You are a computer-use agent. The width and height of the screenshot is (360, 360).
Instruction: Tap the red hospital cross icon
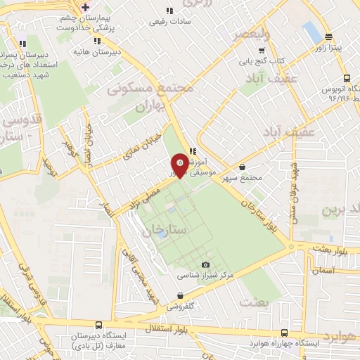(85, 7)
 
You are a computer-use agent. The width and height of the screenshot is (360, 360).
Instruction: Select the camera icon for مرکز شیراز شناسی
(205, 264)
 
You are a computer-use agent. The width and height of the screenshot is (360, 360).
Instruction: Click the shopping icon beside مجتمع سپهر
(243, 167)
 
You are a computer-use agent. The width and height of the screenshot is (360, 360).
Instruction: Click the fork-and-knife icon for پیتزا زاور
(328, 37)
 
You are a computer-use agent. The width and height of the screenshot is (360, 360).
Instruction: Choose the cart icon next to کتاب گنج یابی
(262, 51)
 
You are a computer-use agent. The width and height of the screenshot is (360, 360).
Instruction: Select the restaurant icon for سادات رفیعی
(169, 11)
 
